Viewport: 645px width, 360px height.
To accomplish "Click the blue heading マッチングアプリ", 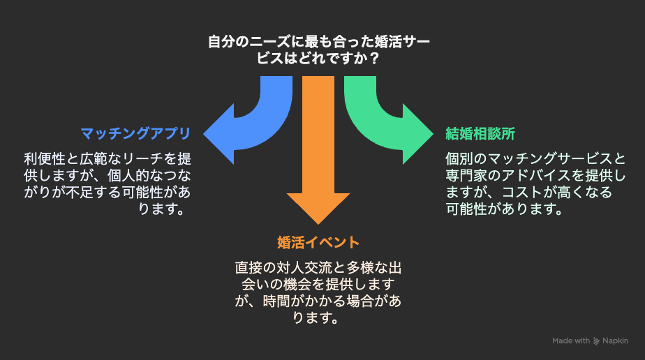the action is coord(135,133).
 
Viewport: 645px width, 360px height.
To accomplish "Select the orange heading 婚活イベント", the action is coord(318,243).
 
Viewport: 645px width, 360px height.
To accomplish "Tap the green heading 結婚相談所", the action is coord(480,133).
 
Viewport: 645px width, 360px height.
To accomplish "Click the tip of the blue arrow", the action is coord(204,134).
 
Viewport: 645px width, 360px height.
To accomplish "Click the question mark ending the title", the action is coord(373,59).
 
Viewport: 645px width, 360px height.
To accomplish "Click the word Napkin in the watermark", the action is coord(615,340).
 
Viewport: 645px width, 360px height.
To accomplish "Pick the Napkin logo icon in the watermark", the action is coord(596,341).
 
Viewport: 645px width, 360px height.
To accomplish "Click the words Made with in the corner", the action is coord(571,340).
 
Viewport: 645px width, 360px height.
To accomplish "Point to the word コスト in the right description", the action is coord(522,193).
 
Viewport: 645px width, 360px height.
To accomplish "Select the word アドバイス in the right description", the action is coord(536,176).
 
